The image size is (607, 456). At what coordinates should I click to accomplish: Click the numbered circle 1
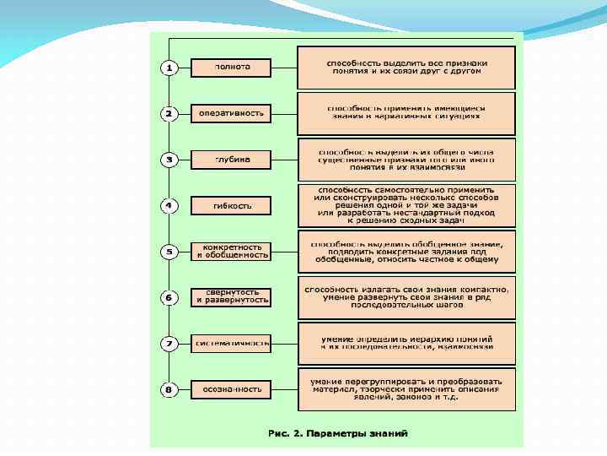(x=169, y=68)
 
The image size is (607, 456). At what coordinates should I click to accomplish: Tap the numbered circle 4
(x=169, y=205)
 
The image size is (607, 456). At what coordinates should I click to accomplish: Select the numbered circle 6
(x=169, y=297)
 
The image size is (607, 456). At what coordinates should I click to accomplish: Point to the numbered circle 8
(x=169, y=389)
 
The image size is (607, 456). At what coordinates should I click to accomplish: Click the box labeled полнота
(x=232, y=68)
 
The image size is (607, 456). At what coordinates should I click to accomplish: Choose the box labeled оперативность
(x=232, y=113)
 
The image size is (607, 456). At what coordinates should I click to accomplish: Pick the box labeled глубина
(x=232, y=160)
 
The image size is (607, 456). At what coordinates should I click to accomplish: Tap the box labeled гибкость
(x=232, y=205)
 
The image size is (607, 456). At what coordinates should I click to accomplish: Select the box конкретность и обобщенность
(x=232, y=251)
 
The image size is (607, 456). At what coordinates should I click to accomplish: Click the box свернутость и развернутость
(x=232, y=297)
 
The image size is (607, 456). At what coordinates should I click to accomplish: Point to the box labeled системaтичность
(x=232, y=344)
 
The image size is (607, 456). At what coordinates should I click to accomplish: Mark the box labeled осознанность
(x=232, y=389)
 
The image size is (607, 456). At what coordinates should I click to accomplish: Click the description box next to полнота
(x=406, y=68)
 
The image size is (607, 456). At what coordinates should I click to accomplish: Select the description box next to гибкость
(x=406, y=205)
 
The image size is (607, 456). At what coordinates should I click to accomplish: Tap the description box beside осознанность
(x=406, y=389)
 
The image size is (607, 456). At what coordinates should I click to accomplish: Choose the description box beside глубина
(x=406, y=160)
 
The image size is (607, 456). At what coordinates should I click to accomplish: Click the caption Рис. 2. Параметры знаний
(x=337, y=433)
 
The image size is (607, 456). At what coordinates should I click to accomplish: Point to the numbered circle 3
(x=169, y=160)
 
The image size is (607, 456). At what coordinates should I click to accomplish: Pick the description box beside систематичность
(x=406, y=344)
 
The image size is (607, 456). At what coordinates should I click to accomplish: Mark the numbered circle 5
(x=169, y=251)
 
